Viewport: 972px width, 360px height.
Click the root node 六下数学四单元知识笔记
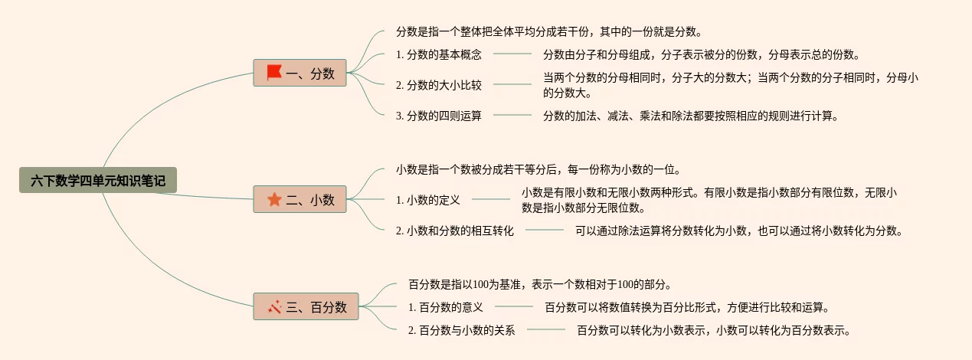pyautogui.click(x=98, y=181)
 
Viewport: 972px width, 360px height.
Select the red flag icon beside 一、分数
pyautogui.click(x=274, y=73)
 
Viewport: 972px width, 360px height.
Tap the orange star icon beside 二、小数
pyautogui.click(x=275, y=200)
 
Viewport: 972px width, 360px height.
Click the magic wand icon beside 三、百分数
pyautogui.click(x=275, y=307)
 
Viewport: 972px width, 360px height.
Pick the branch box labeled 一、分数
pyautogui.click(x=300, y=73)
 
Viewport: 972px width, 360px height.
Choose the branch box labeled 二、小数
pyautogui.click(x=300, y=200)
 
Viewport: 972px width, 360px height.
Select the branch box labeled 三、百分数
pyautogui.click(x=306, y=307)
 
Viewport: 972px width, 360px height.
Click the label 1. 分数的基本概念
pyautogui.click(x=439, y=54)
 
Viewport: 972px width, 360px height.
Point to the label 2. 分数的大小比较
pyautogui.click(x=439, y=85)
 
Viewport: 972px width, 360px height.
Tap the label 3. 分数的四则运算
pyautogui.click(x=439, y=116)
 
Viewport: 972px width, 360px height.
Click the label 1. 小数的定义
pyautogui.click(x=428, y=200)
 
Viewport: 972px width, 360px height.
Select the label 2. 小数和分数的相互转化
pyautogui.click(x=455, y=230)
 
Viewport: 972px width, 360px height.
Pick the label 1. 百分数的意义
pyautogui.click(x=446, y=307)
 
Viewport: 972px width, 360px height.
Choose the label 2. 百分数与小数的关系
pyautogui.click(x=462, y=330)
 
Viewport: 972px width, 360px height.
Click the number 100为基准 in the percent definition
pyautogui.click(x=492, y=284)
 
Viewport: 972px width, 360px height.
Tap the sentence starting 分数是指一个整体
pyautogui.click(x=549, y=32)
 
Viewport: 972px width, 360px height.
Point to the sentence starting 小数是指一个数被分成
pyautogui.click(x=538, y=169)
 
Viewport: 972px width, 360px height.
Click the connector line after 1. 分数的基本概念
pyautogui.click(x=512, y=54)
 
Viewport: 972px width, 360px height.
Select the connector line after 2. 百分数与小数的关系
pyautogui.click(x=546, y=330)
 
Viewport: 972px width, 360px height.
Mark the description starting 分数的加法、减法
pyautogui.click(x=692, y=116)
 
